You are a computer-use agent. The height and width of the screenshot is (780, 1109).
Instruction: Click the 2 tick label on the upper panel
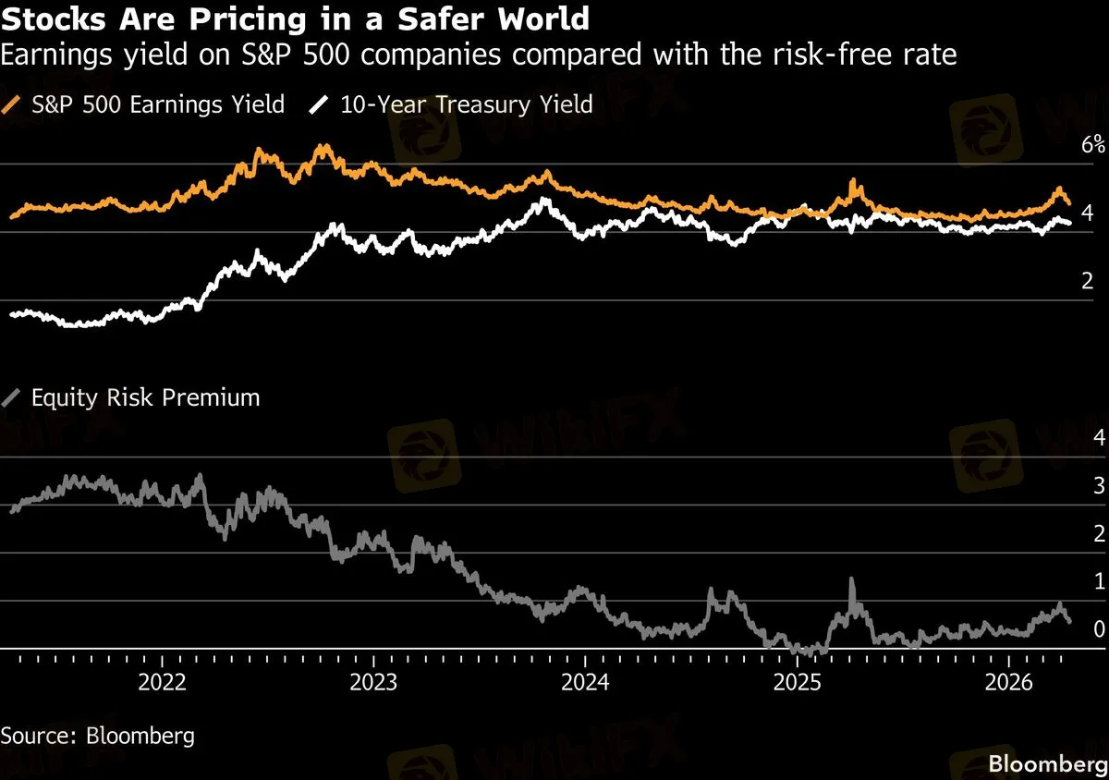[x=1088, y=282]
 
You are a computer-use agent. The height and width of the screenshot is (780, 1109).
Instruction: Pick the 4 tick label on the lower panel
[x=1099, y=437]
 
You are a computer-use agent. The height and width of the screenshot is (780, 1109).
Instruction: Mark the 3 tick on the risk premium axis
[x=1099, y=485]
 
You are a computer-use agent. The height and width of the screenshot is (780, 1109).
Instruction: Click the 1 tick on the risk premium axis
[x=1099, y=581]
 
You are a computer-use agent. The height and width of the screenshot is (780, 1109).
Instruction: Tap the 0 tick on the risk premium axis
[x=1099, y=629]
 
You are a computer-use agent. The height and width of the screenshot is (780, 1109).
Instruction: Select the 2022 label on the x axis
[x=163, y=684]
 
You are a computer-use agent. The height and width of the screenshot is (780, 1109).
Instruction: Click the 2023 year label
[x=374, y=684]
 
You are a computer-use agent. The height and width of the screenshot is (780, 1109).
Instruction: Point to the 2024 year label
[x=586, y=684]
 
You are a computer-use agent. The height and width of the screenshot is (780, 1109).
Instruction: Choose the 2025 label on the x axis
[x=798, y=684]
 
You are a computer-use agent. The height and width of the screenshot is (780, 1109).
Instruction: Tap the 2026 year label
[x=1009, y=684]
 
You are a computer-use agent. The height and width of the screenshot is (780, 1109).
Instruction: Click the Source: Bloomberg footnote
[x=98, y=736]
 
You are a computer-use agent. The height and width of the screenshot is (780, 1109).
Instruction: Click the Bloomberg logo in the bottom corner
[x=1047, y=764]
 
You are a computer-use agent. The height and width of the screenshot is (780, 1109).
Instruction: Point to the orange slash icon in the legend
[x=13, y=104]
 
